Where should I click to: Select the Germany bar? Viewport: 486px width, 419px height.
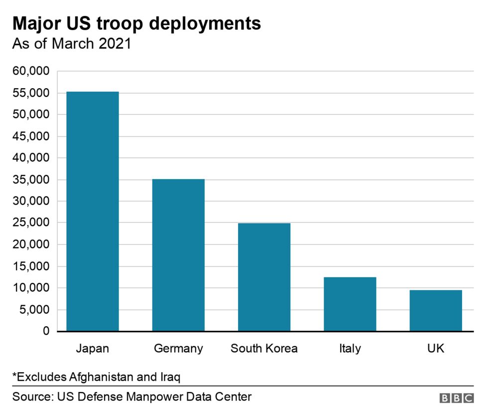178,255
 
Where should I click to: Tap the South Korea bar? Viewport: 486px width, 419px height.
264,277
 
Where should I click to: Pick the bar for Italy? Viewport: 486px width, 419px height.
350,304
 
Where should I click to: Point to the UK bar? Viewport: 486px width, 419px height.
436,310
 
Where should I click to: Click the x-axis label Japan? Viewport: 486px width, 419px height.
92,348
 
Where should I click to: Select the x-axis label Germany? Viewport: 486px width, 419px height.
178,348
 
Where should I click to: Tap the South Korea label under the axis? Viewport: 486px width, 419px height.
264,348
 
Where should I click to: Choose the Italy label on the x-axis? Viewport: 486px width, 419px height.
350,348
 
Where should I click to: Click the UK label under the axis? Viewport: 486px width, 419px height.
436,348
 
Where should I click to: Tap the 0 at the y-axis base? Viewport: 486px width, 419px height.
46,331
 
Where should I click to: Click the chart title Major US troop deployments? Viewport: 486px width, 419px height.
136,23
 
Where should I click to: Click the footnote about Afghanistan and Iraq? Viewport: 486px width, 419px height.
96,376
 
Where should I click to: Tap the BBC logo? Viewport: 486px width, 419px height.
456,398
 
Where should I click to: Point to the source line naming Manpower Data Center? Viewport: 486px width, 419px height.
132,397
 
